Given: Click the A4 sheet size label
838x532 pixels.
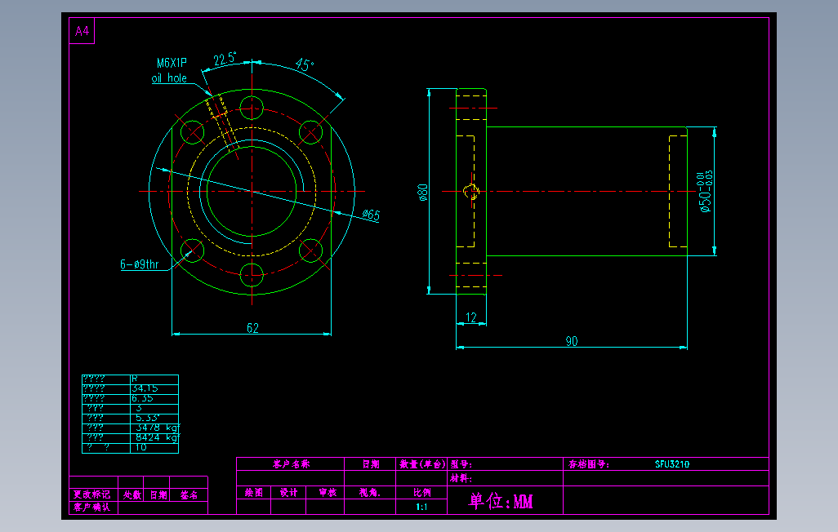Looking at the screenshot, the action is point(82,32).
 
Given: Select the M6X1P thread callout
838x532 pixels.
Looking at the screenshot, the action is point(172,63).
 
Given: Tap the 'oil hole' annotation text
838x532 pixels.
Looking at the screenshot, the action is point(169,78).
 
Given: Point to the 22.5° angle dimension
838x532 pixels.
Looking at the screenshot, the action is point(225,59).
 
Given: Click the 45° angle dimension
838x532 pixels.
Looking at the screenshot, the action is point(305,66).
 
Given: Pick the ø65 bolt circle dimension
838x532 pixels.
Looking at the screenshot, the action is point(371,215).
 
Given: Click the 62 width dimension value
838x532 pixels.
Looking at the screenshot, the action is point(252,328).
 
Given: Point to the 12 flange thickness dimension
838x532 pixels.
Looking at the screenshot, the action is point(471,317).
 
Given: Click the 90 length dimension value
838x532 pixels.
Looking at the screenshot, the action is point(572,341).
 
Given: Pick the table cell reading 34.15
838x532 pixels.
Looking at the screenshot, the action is point(145,388).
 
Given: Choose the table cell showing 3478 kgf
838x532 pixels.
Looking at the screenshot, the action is point(155,427).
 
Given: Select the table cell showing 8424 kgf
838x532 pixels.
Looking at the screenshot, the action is point(155,437).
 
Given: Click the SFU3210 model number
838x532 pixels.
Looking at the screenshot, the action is point(672,464).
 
